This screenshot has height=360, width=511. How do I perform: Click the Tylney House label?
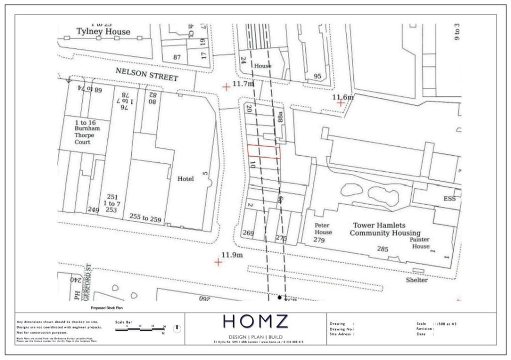pos(103,31)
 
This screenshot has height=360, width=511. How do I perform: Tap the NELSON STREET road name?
pos(147,74)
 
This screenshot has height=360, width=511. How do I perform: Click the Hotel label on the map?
pos(185,179)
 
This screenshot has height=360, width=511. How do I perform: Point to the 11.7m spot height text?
pos(244,84)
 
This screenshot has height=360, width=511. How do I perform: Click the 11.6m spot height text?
pos(343,96)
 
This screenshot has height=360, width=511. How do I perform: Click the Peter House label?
pos(323,229)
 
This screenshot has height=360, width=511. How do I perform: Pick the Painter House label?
pos(420,243)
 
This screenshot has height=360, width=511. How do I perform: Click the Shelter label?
pos(417,280)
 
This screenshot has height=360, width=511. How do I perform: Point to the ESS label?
pos(450,198)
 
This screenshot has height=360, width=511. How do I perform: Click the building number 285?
pos(383,248)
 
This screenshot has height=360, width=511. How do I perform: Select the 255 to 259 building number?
pos(145,217)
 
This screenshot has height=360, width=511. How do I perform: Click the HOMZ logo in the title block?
pos(255,321)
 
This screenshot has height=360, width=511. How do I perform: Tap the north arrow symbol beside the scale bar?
pos(177,329)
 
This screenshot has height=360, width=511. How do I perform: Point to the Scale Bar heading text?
pos(123,322)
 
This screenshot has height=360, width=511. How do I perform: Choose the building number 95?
pos(317,76)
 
